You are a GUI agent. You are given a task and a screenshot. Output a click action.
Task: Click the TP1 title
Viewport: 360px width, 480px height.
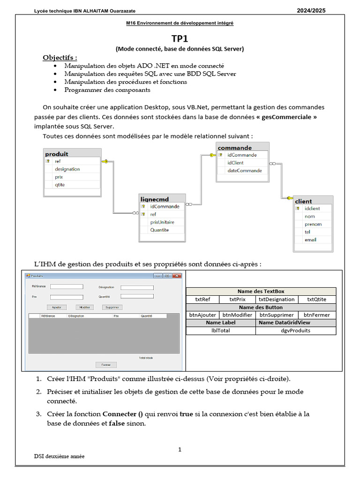[180, 40]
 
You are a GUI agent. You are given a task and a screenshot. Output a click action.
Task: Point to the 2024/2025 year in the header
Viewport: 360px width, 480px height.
[311, 10]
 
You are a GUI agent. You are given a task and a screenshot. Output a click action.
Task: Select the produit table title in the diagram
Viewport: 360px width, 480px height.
[57, 154]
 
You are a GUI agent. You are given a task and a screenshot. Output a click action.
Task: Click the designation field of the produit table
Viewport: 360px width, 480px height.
[67, 169]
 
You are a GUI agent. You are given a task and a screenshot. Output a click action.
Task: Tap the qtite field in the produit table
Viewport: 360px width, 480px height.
[60, 185]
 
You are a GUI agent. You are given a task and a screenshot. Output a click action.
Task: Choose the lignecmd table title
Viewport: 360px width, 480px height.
[155, 199]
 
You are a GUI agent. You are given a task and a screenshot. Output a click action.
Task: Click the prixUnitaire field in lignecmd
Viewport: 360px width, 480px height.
[162, 222]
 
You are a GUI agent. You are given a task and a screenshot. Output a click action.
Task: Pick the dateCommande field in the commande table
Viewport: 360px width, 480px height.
[245, 171]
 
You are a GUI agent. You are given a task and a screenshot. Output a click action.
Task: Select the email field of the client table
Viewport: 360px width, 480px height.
[310, 240]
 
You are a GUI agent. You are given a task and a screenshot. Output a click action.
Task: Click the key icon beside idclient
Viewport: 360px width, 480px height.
[298, 209]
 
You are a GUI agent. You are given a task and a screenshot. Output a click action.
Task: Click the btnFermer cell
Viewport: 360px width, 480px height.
[316, 315]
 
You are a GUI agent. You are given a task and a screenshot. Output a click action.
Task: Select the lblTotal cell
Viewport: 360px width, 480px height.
[221, 330]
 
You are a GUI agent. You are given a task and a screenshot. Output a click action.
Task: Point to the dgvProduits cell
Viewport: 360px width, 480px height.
[295, 330]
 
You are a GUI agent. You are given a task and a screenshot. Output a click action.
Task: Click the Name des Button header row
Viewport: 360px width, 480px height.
[261, 307]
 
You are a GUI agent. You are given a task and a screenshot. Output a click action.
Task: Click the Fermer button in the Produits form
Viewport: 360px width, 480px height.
[106, 365]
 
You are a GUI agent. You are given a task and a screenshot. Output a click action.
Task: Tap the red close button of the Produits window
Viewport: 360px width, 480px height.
[176, 276]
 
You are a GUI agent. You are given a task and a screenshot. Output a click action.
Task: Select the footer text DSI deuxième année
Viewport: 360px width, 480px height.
[60, 456]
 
